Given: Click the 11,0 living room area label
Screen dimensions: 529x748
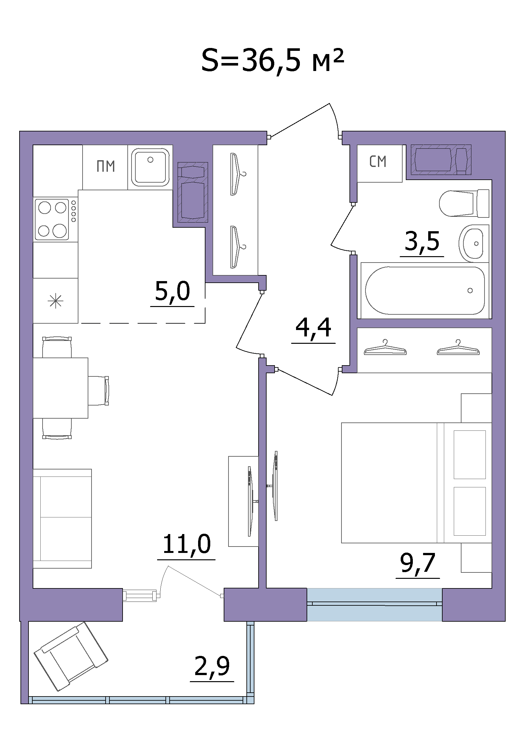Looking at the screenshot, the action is [187, 544].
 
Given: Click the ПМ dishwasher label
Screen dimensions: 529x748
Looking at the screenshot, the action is [106, 167].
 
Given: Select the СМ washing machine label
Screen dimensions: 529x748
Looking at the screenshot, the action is [378, 161].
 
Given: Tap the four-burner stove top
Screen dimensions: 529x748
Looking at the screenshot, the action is [52, 220].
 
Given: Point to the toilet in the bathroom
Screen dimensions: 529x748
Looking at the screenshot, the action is [464, 204].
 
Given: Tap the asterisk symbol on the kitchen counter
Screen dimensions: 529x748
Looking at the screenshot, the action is [55, 301].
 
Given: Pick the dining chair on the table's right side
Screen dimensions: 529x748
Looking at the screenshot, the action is [99, 391].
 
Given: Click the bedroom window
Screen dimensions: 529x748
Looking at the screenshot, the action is [374, 604].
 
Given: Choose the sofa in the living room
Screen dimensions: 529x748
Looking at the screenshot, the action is [62, 519].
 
